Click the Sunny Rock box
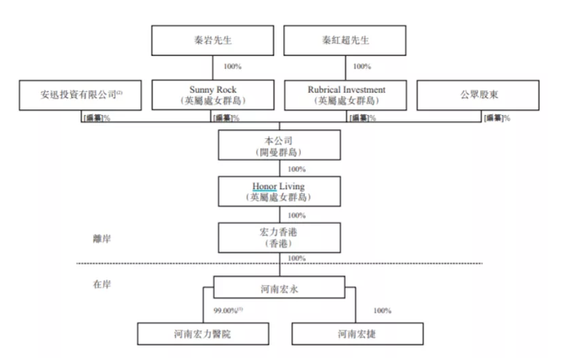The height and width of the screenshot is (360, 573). click(x=211, y=94)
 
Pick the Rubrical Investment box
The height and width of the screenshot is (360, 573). click(x=346, y=94)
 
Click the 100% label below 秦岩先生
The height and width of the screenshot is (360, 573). click(x=232, y=66)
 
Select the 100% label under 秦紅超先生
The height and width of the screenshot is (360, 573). click(x=362, y=66)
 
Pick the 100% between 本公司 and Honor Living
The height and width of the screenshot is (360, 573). click(x=296, y=169)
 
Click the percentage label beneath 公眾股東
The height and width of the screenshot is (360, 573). click(x=496, y=117)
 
